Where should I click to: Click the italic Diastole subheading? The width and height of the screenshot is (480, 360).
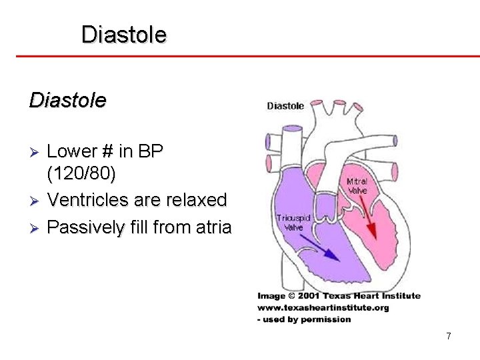pos(67,101)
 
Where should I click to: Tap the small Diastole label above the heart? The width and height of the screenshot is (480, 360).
pos(285,105)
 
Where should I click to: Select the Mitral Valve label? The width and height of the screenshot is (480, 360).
pos(357,186)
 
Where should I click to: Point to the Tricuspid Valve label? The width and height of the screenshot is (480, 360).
pos(291,222)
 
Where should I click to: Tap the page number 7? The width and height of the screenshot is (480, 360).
pos(449,336)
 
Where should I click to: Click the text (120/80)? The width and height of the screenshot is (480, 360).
pos(81,174)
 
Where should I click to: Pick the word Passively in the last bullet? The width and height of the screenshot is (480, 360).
pos(86,228)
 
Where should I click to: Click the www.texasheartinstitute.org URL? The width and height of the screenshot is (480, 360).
pos(323,307)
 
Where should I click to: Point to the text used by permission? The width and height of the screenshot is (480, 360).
pos(307,319)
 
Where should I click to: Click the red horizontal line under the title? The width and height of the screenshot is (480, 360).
pos(240,56)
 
